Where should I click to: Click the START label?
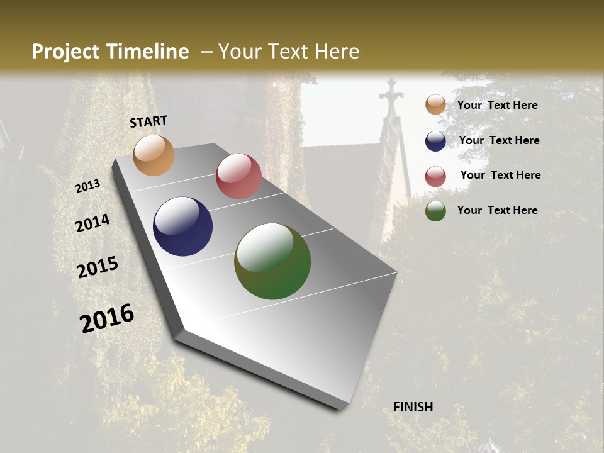[x=148, y=121]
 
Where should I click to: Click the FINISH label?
[x=413, y=407]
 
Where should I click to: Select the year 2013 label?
[x=88, y=186]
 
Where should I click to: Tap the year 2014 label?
[x=92, y=223]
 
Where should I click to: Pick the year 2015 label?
[x=98, y=267]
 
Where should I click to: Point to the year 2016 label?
[x=107, y=318]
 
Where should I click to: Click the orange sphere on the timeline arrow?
[x=154, y=155]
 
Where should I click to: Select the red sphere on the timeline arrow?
[x=238, y=176]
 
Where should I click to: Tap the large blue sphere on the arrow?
[x=182, y=226]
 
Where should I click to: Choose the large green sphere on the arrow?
[x=272, y=261]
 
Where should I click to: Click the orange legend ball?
[x=435, y=105]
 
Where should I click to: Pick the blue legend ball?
[x=435, y=141]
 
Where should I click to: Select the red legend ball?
[x=435, y=176]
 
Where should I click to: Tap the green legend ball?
[x=435, y=211]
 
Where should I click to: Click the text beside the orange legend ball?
[x=497, y=105]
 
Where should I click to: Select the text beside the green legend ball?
[x=497, y=210]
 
